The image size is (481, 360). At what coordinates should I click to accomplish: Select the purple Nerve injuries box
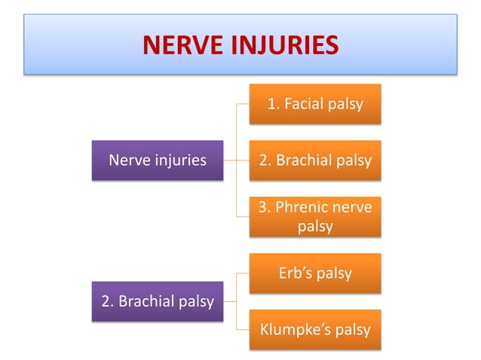158,160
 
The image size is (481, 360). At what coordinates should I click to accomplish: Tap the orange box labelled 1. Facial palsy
315,103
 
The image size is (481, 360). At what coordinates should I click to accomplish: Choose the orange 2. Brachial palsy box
315,160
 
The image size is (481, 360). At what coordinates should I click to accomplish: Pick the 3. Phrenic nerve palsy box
315,217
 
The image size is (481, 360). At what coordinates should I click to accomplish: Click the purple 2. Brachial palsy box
158,302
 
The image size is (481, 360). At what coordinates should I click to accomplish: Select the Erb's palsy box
315,273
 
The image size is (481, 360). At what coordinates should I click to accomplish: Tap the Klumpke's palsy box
315,330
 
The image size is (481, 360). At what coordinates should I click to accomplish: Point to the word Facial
305,103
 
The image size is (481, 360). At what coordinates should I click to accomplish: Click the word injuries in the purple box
179,160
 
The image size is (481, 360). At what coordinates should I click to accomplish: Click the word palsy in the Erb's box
334,273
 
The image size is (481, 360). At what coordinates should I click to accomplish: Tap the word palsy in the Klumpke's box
352,330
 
